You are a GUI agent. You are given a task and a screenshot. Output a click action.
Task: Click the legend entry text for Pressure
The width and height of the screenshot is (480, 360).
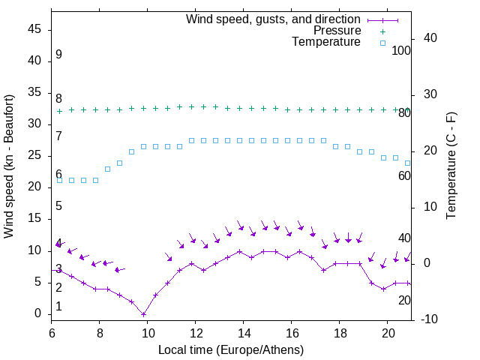tap(337, 31)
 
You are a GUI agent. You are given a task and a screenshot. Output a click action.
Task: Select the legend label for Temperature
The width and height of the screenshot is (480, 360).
tap(326, 42)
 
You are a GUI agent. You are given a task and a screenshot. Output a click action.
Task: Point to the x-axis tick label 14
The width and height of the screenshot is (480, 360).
tap(244, 331)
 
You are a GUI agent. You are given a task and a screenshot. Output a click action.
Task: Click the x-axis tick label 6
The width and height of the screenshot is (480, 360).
tap(52, 331)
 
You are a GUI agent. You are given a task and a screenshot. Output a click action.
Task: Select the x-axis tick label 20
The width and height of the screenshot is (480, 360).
tap(388, 331)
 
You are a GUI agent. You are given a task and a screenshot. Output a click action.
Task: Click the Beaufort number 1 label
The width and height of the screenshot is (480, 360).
tap(58, 307)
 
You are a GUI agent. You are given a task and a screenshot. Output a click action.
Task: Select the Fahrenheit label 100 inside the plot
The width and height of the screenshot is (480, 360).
tap(401, 51)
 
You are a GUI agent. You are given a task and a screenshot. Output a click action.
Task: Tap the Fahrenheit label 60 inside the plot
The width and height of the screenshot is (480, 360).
tap(404, 175)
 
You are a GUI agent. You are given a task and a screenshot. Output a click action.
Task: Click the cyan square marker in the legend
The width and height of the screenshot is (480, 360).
tap(382, 43)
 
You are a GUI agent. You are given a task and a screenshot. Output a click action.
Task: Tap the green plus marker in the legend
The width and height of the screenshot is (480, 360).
tap(382, 31)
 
